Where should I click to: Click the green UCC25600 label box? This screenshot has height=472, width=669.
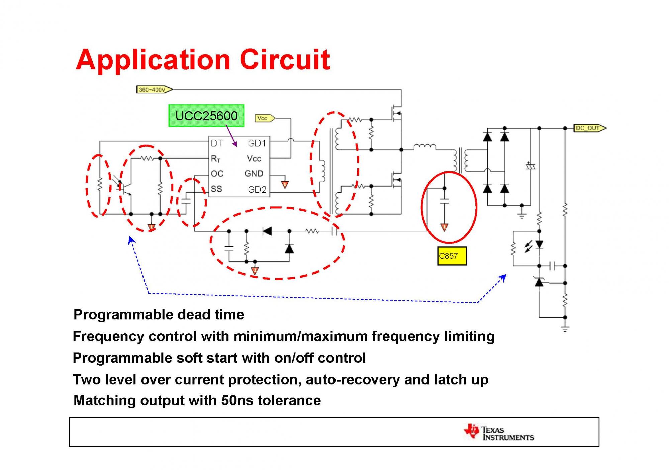point(206,116)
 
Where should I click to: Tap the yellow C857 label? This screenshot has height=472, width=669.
point(452,256)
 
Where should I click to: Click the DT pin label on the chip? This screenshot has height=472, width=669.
point(217,143)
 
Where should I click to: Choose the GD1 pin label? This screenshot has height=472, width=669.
point(257,143)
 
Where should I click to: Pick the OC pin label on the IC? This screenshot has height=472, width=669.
point(217,174)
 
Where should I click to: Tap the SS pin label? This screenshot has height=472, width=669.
point(216,189)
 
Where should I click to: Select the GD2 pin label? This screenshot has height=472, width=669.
point(257,190)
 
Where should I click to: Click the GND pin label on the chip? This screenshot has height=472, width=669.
point(254,174)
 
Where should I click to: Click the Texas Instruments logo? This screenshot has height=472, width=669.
point(498,433)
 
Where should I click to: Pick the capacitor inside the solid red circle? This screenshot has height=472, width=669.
point(444,201)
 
